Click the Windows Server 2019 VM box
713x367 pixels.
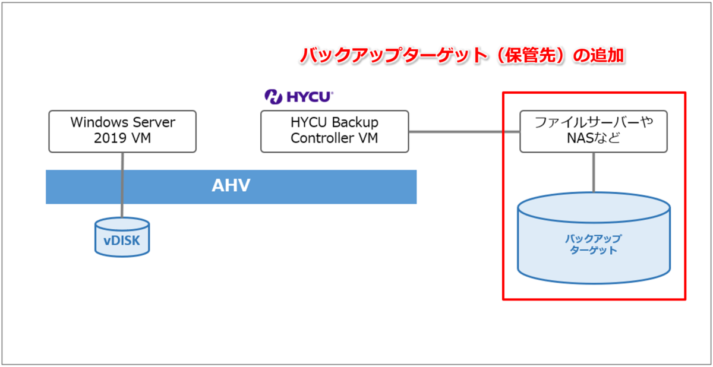pyautogui.click(x=122, y=131)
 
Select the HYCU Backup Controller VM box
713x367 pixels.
pyautogui.click(x=335, y=131)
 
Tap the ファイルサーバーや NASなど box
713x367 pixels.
pyautogui.click(x=594, y=131)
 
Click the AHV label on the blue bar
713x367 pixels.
pyautogui.click(x=231, y=185)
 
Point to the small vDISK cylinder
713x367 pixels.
pyautogui.click(x=122, y=238)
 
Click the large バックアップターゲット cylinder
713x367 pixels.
pyautogui.click(x=594, y=238)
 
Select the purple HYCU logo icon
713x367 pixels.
pyautogui.click(x=273, y=97)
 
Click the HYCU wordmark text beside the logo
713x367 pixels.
pyautogui.click(x=310, y=97)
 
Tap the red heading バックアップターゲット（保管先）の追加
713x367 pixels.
pyautogui.click(x=462, y=55)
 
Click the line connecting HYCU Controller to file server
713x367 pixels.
pyautogui.click(x=465, y=131)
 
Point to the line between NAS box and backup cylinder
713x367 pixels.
pyautogui.click(x=594, y=172)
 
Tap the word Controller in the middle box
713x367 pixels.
pyautogui.click(x=323, y=138)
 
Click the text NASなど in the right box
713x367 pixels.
pyautogui.click(x=594, y=138)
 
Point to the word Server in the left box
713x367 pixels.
pyautogui.click(x=154, y=122)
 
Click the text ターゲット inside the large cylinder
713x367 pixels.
pyautogui.click(x=594, y=250)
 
